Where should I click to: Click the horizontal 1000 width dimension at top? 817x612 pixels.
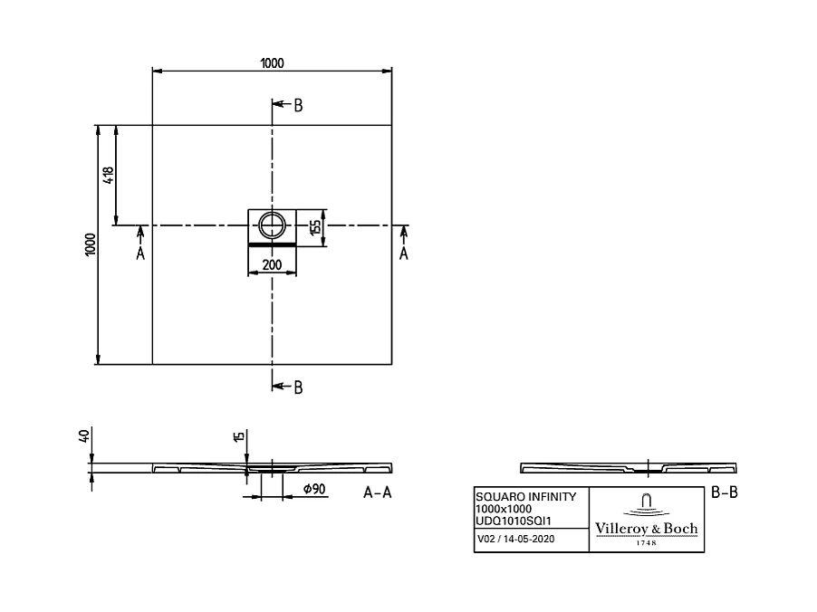(272, 62)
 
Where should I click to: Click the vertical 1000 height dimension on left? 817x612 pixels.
(89, 245)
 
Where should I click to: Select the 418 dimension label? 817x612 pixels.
(109, 175)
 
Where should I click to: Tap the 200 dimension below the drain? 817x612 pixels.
(272, 265)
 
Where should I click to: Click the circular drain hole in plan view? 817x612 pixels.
(272, 225)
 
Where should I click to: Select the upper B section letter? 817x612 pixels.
(298, 106)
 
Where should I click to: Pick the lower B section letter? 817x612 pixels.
(298, 387)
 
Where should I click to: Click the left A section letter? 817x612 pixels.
(140, 254)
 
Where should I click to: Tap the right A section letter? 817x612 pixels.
(404, 254)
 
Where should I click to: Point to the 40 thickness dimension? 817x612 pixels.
(84, 436)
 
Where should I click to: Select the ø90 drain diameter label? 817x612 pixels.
(314, 490)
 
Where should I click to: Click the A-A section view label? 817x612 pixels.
(378, 493)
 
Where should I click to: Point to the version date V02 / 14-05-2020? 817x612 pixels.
(515, 540)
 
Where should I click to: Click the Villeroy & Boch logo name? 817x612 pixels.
(646, 529)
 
